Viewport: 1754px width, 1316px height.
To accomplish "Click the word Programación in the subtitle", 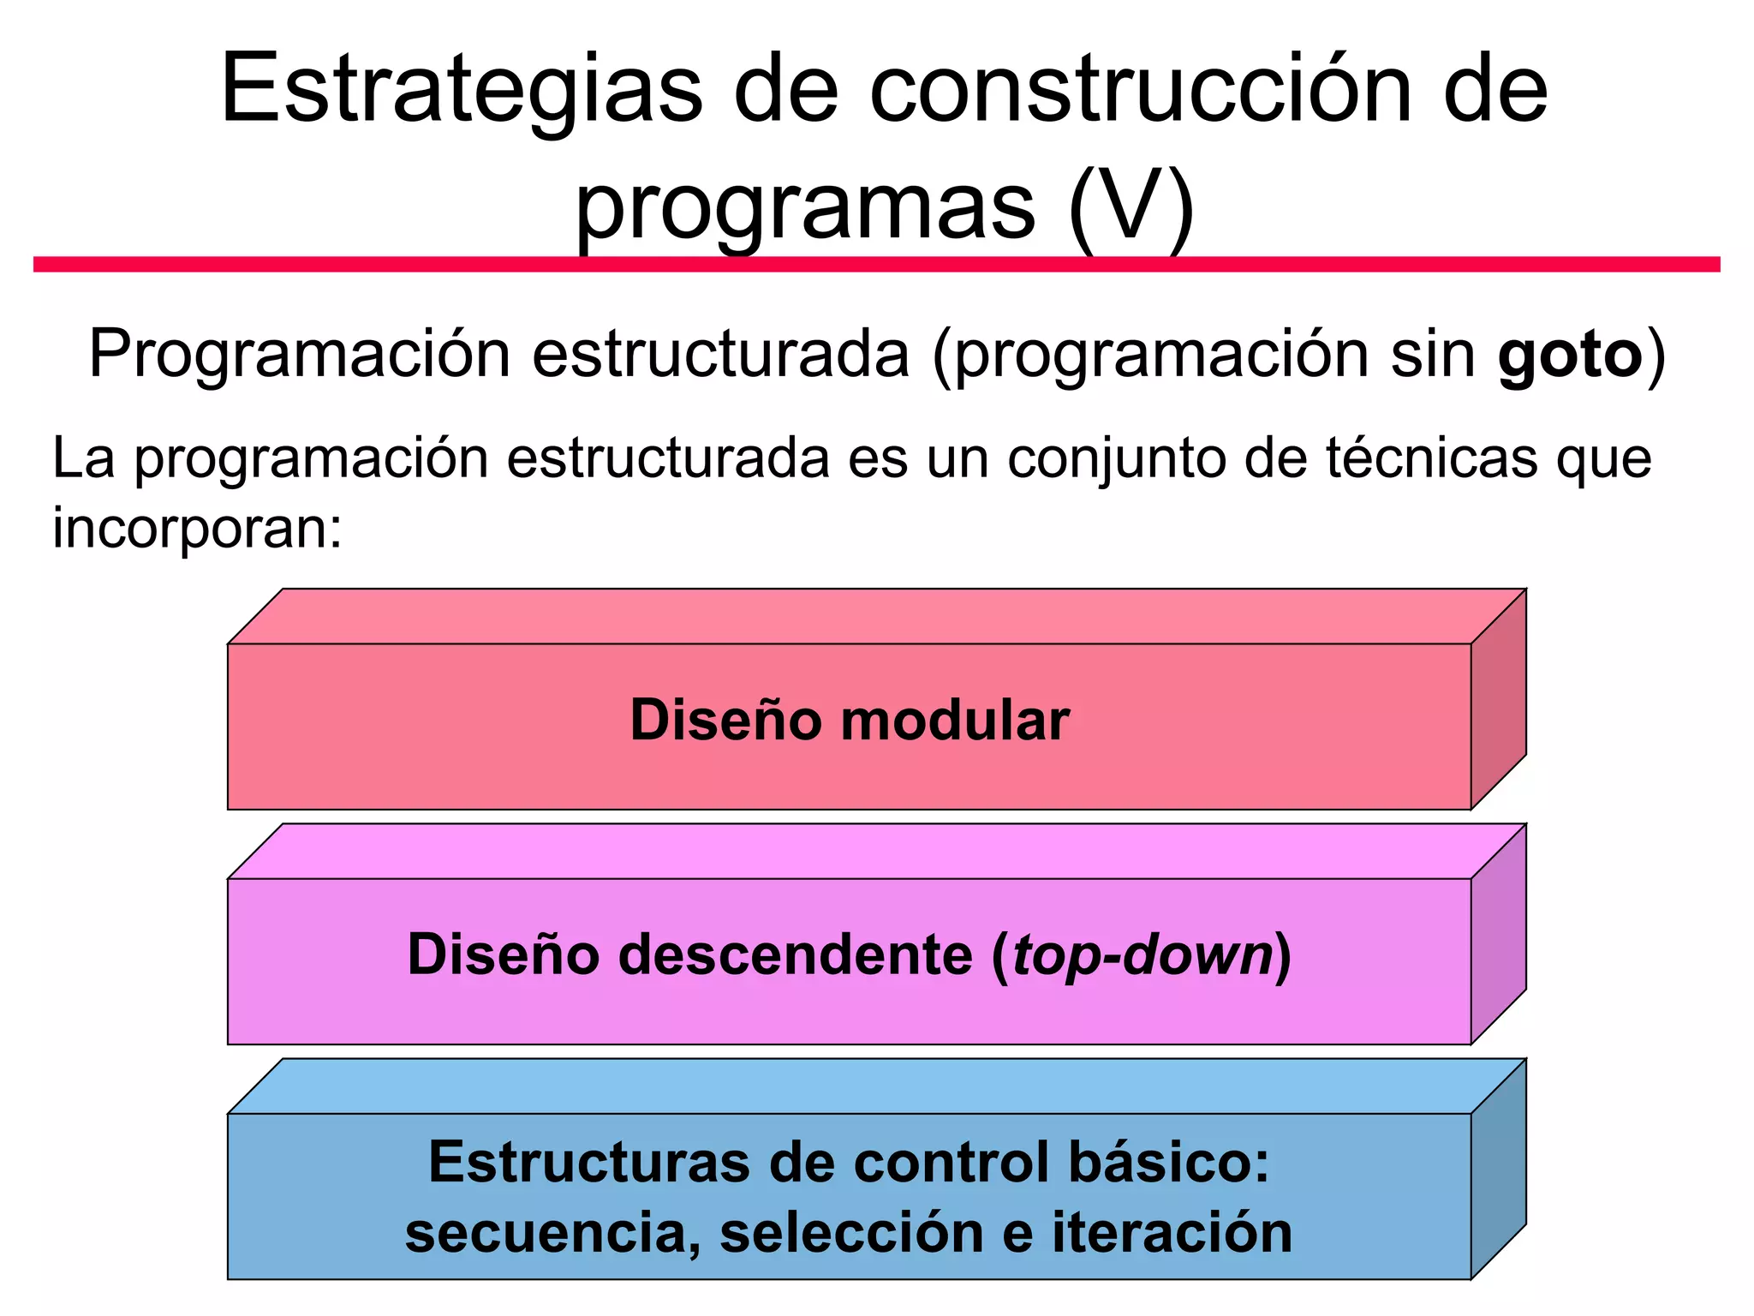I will click(299, 355).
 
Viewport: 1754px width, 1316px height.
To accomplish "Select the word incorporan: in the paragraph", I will click(197, 527).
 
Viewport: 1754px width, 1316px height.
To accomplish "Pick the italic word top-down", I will click(1142, 955).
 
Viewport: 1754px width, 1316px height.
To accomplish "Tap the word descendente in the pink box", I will click(796, 955).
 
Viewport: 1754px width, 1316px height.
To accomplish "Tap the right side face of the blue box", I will click(1498, 1169).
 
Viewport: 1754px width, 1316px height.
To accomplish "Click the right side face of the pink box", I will click(1498, 935).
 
